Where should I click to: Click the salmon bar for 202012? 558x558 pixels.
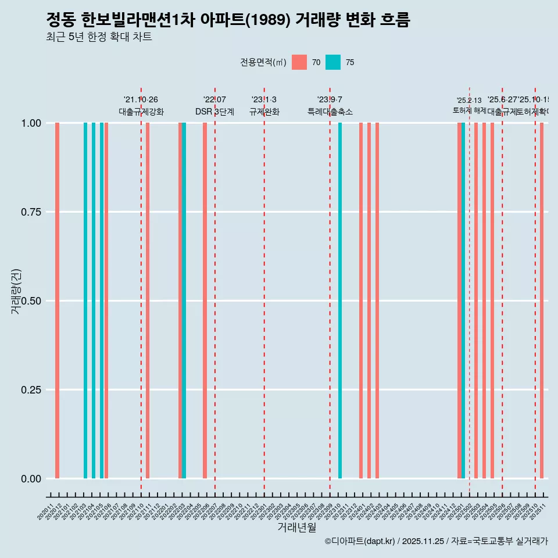click(x=57, y=301)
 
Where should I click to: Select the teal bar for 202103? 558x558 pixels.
click(x=85, y=301)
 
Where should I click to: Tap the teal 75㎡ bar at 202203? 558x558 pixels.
click(x=184, y=301)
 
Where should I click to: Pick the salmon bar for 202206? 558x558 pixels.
click(x=205, y=301)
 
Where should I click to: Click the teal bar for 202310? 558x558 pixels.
click(x=340, y=301)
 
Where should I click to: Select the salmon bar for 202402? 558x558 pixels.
click(x=369, y=301)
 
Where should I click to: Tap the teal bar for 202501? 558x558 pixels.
click(x=463, y=301)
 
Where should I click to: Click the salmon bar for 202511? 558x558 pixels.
click(x=542, y=301)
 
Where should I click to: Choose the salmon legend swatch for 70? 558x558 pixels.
click(x=299, y=62)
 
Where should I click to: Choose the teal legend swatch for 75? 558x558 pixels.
click(x=333, y=62)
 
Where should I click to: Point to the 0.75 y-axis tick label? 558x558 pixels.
click(x=30, y=212)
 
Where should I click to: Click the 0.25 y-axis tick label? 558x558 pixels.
click(x=30, y=389)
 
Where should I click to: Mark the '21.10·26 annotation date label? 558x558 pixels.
click(x=141, y=99)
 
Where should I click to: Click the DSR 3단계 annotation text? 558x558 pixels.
click(x=214, y=112)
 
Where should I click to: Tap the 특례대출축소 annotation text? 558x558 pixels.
click(x=330, y=112)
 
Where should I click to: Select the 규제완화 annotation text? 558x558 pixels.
click(x=264, y=112)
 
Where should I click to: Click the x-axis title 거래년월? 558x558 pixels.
click(x=296, y=527)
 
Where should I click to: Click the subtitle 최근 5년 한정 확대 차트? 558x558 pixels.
click(x=99, y=37)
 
